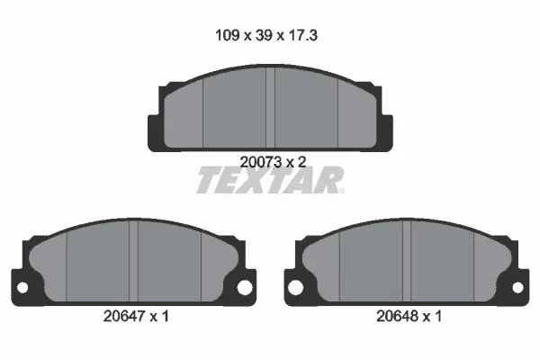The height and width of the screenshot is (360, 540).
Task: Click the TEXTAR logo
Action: point(267,182)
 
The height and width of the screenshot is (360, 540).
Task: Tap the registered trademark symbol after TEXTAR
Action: point(339,191)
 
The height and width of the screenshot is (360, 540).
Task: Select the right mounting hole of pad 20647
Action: point(242,288)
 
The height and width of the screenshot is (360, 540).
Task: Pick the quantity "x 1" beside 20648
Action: point(432,317)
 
